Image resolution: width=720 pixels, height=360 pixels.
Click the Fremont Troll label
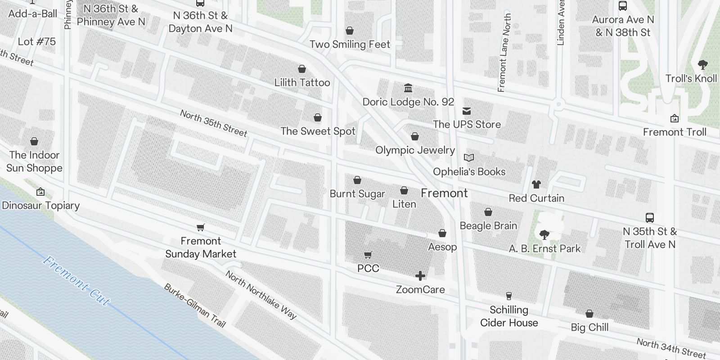click(x=675, y=132)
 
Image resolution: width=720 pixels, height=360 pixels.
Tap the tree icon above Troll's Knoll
click(x=702, y=64)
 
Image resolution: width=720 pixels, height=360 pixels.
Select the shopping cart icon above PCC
click(x=368, y=255)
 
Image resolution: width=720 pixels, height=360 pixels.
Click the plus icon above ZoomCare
click(x=420, y=275)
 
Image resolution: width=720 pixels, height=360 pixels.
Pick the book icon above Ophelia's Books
click(x=469, y=158)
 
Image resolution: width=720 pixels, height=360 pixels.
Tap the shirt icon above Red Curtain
click(x=536, y=184)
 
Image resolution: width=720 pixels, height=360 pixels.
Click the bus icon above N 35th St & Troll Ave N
click(x=649, y=218)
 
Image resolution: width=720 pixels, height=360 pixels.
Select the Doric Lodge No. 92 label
click(x=408, y=102)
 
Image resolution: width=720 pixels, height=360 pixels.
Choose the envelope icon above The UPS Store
click(x=467, y=111)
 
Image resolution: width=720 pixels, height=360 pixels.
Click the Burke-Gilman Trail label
click(x=194, y=306)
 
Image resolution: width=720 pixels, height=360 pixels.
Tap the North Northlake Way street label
click(x=261, y=295)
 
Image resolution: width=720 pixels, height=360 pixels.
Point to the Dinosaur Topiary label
click(x=40, y=206)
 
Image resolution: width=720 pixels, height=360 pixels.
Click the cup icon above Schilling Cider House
click(x=509, y=296)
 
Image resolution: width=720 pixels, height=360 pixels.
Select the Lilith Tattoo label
click(x=302, y=82)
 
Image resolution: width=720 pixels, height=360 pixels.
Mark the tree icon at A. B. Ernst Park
click(x=544, y=234)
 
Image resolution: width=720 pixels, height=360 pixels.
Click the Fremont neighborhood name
click(x=444, y=193)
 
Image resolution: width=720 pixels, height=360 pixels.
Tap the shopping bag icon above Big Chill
click(x=589, y=314)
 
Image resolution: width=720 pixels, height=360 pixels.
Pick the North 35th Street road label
click(x=214, y=123)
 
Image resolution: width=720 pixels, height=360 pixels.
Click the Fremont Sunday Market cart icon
click(x=201, y=228)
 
